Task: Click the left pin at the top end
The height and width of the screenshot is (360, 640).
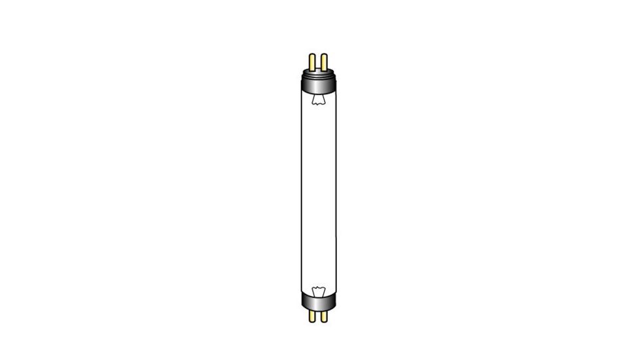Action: pyautogui.click(x=312, y=63)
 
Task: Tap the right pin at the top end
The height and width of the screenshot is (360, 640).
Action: pyautogui.click(x=324, y=63)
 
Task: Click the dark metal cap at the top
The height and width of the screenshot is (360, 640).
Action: pyautogui.click(x=318, y=83)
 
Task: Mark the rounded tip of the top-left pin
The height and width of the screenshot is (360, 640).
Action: pyautogui.click(x=312, y=55)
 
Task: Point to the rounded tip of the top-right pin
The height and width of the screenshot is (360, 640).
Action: pyautogui.click(x=324, y=55)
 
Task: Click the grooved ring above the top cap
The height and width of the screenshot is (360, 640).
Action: pyautogui.click(x=318, y=74)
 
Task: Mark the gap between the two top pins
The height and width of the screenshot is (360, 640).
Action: pyautogui.click(x=318, y=63)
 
